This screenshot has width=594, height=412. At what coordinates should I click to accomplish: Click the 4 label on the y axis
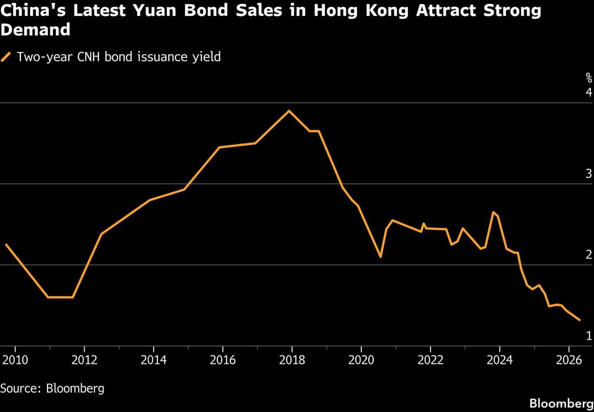click(x=589, y=93)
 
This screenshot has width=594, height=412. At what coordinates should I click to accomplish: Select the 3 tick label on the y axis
click(x=589, y=174)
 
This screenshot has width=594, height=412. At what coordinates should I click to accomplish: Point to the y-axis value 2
click(x=589, y=255)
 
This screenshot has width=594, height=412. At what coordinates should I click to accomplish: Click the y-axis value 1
click(x=589, y=336)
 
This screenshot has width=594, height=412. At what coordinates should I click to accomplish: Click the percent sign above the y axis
click(x=589, y=77)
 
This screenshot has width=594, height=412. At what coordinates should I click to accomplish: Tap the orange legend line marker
click(x=6, y=57)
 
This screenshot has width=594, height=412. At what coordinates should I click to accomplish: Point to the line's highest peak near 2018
click(x=289, y=110)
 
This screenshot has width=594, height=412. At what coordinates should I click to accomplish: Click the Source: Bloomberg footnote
click(x=52, y=388)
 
